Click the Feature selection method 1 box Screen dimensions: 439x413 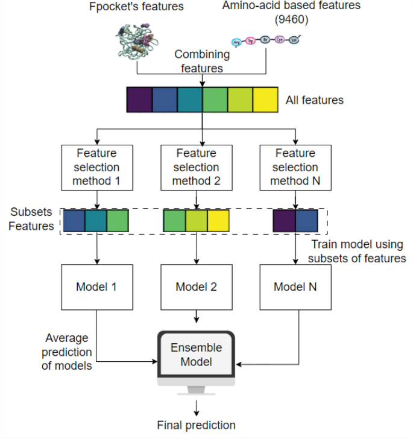tap(97, 167)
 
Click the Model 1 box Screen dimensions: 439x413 tap(97, 287)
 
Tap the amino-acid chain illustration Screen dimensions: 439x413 tap(265, 41)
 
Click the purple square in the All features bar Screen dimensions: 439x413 tap(139, 99)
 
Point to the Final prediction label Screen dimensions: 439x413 tap(196, 425)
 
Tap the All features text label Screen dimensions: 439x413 tap(315, 100)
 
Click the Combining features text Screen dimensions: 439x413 tap(202, 61)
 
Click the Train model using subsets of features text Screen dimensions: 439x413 tap(358, 251)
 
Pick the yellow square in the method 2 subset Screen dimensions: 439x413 tap(218, 221)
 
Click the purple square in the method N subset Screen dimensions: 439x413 tap(283, 221)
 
